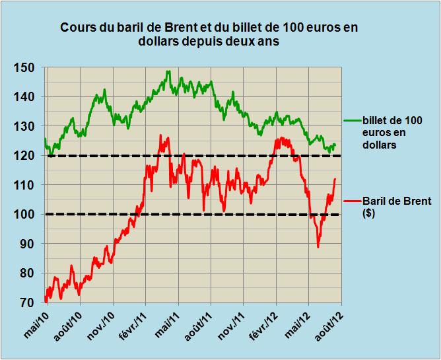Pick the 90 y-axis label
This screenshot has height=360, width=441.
30,244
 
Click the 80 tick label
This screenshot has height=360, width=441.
30,273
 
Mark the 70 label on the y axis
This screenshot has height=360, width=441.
30,303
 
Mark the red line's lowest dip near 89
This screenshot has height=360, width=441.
318,247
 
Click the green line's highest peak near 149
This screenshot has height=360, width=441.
168,71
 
